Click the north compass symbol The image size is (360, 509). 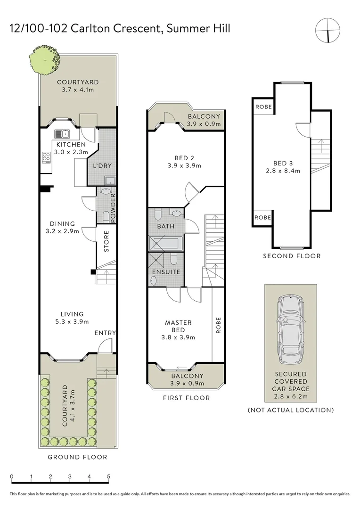pyautogui.click(x=328, y=30)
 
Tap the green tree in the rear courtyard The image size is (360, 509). pyautogui.click(x=45, y=60)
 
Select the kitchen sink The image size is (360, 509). pyautogui.click(x=62, y=133)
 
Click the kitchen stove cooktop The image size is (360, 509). pyautogui.click(x=46, y=157)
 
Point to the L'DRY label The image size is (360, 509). pyautogui.click(x=102, y=165)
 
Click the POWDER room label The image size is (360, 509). pyautogui.click(x=113, y=208)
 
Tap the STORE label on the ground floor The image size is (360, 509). pyautogui.click(x=106, y=241)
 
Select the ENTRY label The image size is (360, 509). pyautogui.click(x=105, y=333)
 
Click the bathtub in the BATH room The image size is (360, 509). pyautogui.click(x=165, y=243)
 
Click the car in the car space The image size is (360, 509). pyautogui.click(x=291, y=329)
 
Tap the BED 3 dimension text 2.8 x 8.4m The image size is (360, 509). pyautogui.click(x=283, y=171)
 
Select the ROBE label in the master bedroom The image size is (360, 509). pyautogui.click(x=218, y=325)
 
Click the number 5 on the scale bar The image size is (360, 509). pyautogui.click(x=108, y=476)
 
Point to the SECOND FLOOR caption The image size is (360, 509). pyautogui.click(x=292, y=256)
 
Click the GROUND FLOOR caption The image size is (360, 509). pyautogui.click(x=77, y=457)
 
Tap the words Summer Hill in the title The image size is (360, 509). pyautogui.click(x=198, y=29)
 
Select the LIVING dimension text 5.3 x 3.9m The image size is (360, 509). pyautogui.click(x=72, y=322)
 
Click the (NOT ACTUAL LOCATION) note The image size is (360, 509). pyautogui.click(x=291, y=410)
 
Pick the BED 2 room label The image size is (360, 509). pyautogui.click(x=184, y=158)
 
